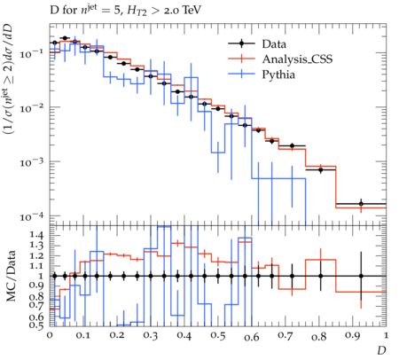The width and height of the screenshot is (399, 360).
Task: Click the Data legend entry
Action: coord(274,44)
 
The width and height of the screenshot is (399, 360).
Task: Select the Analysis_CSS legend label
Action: coord(297,59)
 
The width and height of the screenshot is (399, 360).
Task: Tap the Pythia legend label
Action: coord(278,74)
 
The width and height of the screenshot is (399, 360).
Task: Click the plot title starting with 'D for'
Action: coord(125,11)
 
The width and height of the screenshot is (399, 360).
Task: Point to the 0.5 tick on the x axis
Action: coord(218,336)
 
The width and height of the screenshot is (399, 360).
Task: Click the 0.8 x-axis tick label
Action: coord(319,336)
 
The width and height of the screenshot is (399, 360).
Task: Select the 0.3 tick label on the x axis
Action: coord(151,336)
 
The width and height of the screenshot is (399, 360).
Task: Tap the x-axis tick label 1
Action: coord(386,336)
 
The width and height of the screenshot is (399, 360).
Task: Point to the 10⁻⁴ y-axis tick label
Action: coord(31,216)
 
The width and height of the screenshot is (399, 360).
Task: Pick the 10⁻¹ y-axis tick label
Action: coord(31,53)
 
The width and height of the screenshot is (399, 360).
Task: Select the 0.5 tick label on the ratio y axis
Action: coord(36,325)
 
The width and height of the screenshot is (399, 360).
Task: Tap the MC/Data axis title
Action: coord(11,276)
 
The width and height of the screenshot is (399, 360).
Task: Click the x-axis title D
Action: coord(381,350)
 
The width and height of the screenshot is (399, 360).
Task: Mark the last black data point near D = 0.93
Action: coord(361,204)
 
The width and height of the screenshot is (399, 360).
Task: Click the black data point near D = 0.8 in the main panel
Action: coord(320,170)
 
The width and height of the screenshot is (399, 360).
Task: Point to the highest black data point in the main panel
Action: coord(65,38)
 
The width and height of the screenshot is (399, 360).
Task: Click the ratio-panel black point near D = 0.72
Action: coord(292,276)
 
